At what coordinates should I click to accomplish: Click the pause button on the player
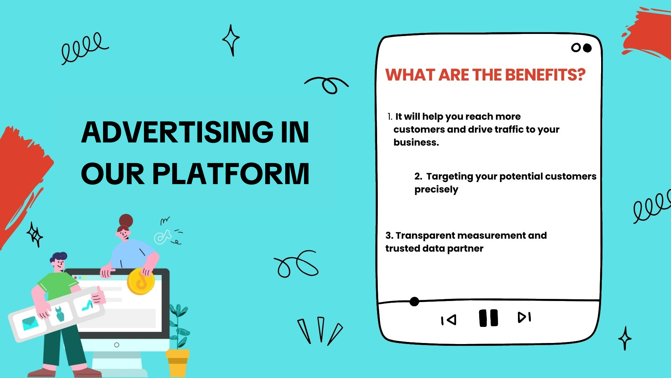click(489, 318)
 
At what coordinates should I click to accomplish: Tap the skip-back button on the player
click(449, 320)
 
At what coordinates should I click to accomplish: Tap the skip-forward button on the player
click(524, 317)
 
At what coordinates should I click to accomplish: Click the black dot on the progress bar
click(414, 301)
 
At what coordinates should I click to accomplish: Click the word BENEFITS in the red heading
click(545, 75)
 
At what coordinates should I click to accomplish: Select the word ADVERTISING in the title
click(178, 132)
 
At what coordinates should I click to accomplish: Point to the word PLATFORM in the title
click(231, 174)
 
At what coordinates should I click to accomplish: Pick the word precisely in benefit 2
click(436, 190)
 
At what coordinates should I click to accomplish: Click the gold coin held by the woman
click(140, 281)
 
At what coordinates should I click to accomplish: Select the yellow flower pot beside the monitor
click(178, 363)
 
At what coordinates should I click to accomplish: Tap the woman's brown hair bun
click(126, 220)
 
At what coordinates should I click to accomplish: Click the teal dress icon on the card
click(60, 314)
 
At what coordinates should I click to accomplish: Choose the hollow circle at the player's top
click(576, 48)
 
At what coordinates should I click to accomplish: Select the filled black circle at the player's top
click(587, 48)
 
